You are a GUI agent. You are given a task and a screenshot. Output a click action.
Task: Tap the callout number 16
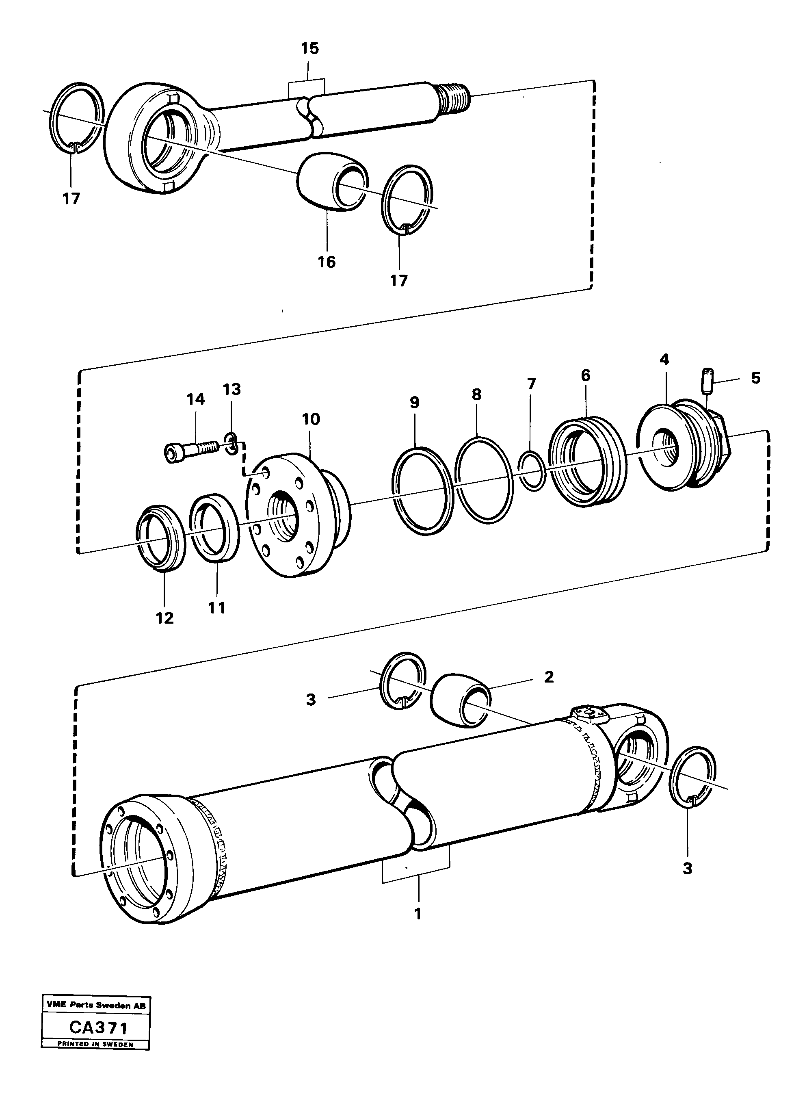[x=327, y=262]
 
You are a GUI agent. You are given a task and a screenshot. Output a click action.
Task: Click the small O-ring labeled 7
[x=533, y=470]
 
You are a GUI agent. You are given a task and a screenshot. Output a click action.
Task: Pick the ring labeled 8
[x=484, y=481]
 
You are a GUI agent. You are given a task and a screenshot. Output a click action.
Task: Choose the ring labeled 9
[x=422, y=491]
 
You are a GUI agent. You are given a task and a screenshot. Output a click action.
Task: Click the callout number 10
[x=311, y=419]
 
